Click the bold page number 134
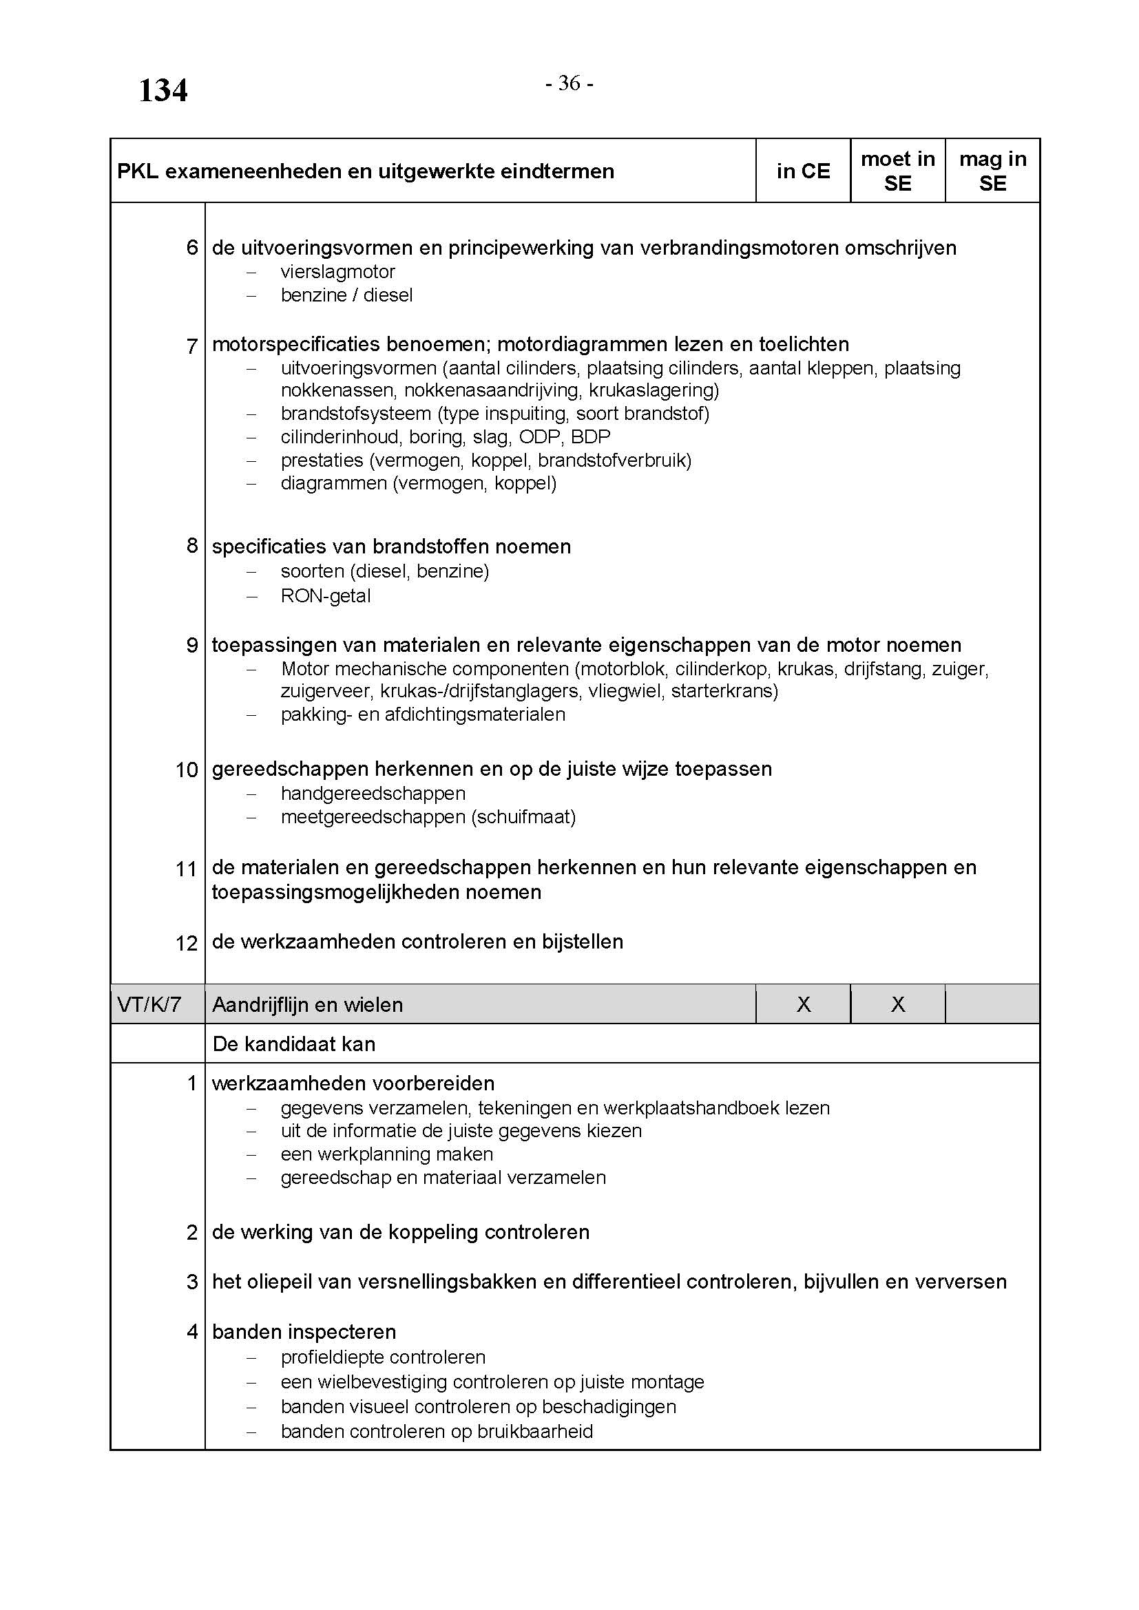pos(163,91)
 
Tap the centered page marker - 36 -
pos(569,83)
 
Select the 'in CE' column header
pos(803,171)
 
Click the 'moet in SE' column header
pos(898,171)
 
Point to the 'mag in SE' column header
pos(992,171)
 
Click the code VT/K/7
pos(149,1005)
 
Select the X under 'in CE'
pos(803,1005)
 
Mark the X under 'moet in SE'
pos(898,1005)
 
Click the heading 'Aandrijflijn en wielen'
pos(307,1005)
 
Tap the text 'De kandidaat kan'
pos(294,1044)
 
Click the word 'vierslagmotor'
pos(338,271)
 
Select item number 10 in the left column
pos(187,770)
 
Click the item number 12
pos(187,943)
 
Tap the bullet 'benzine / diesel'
pos(346,295)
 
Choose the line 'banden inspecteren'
pos(304,1332)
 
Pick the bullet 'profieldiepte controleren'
pos(383,1357)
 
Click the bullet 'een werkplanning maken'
pos(386,1154)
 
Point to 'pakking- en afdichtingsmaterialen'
pos(423,714)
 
